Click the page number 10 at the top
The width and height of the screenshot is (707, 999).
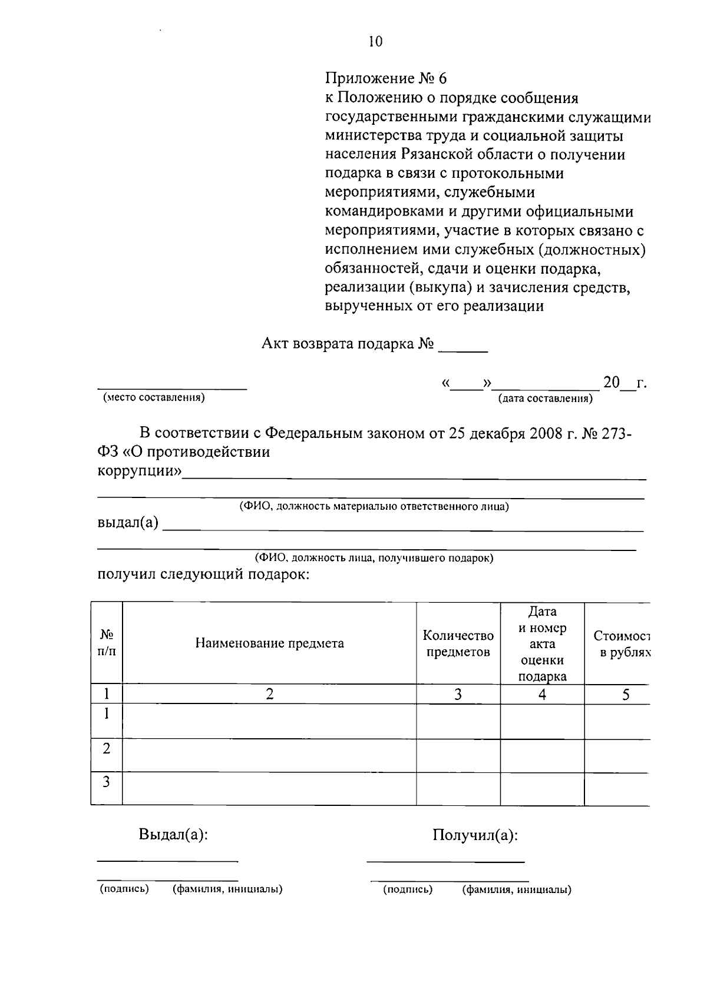tap(375, 41)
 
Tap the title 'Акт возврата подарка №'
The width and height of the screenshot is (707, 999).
tap(348, 344)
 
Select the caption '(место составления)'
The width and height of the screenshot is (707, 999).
tap(154, 397)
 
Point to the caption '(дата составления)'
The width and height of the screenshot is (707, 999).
tap(546, 399)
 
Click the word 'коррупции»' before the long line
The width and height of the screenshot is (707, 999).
tap(139, 472)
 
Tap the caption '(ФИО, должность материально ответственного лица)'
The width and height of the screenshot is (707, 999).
tap(374, 506)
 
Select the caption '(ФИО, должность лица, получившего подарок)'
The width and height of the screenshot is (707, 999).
tap(374, 557)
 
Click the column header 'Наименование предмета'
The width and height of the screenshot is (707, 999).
tap(269, 643)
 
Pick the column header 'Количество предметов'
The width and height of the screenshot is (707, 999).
tap(458, 643)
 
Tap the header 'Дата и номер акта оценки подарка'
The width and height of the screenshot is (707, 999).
tap(542, 643)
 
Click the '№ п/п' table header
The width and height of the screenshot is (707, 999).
tap(107, 643)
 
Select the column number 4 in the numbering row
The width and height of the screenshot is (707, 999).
tap(542, 695)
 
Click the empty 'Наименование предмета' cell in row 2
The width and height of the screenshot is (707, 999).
tap(269, 755)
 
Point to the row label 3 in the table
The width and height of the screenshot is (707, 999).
tap(107, 782)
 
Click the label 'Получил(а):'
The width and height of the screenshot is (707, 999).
tap(475, 835)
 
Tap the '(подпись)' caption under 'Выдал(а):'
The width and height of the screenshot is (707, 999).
tap(124, 889)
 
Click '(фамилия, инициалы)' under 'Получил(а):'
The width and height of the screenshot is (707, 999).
tap(517, 890)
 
